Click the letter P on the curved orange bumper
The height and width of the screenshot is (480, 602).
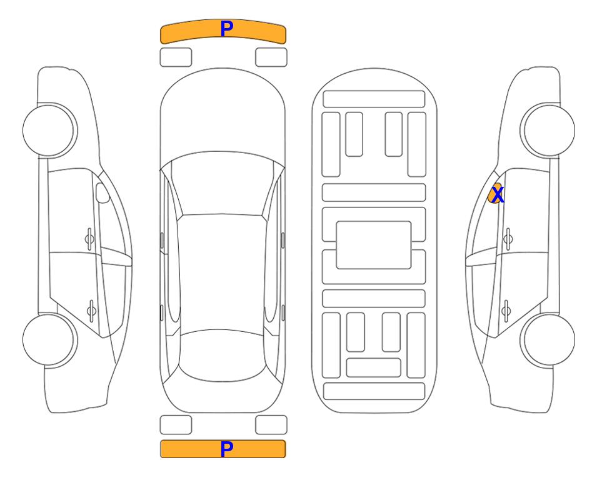[x=227, y=29]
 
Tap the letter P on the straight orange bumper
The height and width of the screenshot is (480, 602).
[x=227, y=449]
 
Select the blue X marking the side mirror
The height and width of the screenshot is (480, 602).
[x=497, y=195]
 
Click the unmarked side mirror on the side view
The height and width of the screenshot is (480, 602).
[x=103, y=192]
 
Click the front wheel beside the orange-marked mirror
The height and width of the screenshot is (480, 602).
[x=548, y=131]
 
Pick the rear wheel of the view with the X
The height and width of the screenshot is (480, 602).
[x=548, y=339]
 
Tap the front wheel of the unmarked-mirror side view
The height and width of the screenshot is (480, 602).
[x=50, y=131]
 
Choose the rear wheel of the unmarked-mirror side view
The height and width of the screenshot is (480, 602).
[x=50, y=339]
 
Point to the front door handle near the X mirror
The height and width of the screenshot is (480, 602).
[x=508, y=239]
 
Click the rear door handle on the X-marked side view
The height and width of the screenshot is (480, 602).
[x=506, y=311]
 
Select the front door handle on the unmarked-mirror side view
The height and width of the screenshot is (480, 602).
[x=89, y=239]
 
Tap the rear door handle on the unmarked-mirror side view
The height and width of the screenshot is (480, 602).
[x=91, y=311]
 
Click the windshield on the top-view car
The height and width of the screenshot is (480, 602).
[x=223, y=184]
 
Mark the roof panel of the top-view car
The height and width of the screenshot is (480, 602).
[x=222, y=272]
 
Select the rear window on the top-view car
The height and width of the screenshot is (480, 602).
[x=222, y=355]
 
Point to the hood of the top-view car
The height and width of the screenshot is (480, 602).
[x=223, y=111]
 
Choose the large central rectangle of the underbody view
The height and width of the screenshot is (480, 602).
[x=374, y=245]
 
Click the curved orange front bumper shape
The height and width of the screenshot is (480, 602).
[x=223, y=31]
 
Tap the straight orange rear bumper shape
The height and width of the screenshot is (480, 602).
[x=223, y=449]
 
